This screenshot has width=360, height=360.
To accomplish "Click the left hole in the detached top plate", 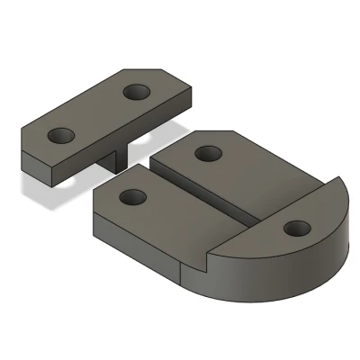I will click(x=62, y=135).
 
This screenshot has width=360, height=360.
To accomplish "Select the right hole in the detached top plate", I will click(x=137, y=92).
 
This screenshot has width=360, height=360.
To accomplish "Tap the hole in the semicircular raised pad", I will click(x=294, y=229).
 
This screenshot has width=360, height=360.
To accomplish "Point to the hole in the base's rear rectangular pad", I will click(x=209, y=153).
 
